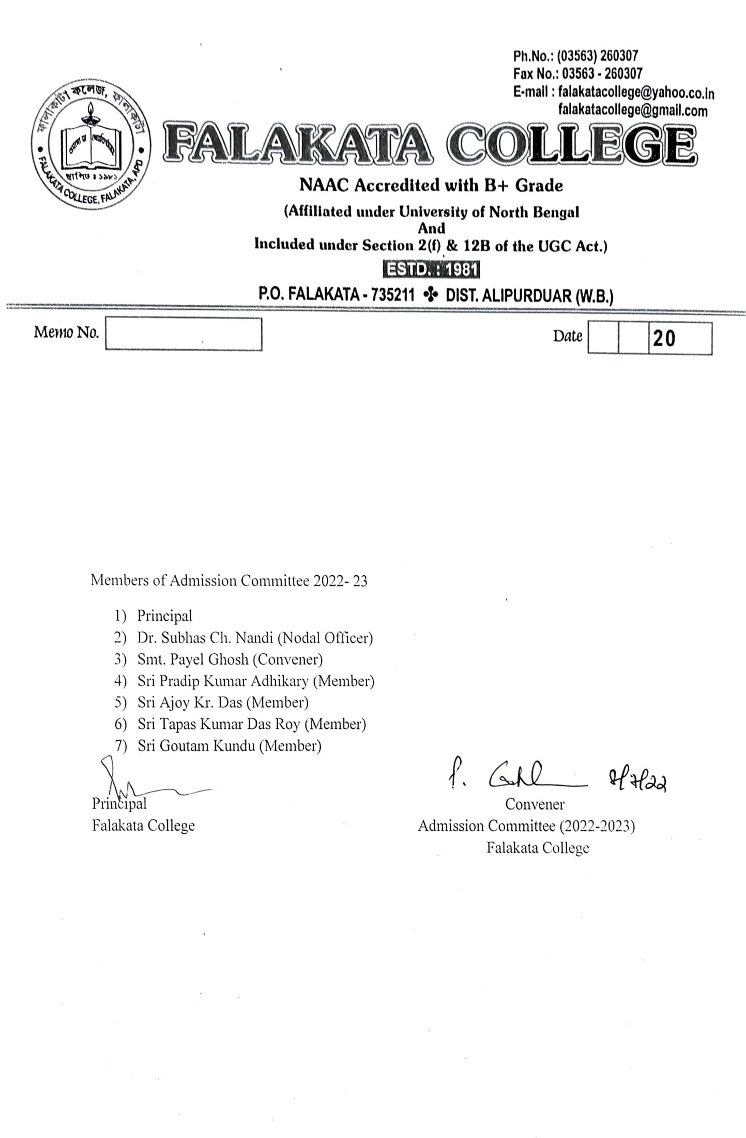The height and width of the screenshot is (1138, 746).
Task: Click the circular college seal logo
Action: (x=91, y=145)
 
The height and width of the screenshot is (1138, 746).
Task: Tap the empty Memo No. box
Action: (x=184, y=334)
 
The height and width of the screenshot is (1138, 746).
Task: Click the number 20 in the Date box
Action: (x=664, y=338)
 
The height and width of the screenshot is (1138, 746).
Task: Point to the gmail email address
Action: (x=632, y=110)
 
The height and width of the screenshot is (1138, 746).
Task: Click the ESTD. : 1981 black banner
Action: (x=431, y=269)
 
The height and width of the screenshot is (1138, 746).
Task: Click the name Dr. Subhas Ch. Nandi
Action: (x=206, y=638)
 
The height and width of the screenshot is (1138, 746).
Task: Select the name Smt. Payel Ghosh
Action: (x=192, y=660)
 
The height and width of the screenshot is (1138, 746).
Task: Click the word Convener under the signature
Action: (x=535, y=804)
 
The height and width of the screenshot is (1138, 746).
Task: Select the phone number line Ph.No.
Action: (x=575, y=55)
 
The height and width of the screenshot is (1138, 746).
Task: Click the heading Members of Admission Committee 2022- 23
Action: (x=229, y=581)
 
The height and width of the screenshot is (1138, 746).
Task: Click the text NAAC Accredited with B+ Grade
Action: (x=431, y=185)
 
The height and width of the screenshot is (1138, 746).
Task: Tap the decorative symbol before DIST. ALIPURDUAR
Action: (x=430, y=295)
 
